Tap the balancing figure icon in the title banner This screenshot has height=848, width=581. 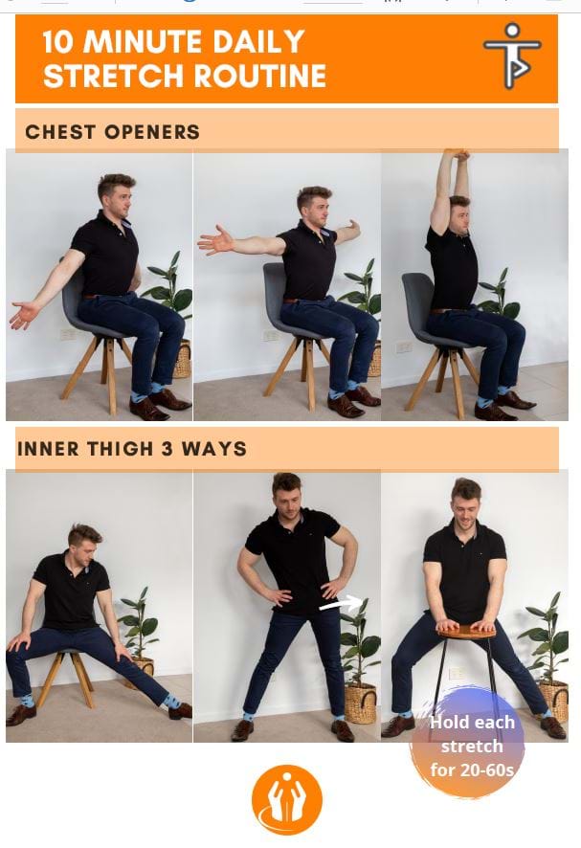(x=512, y=56)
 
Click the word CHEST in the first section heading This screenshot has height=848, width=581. (x=60, y=132)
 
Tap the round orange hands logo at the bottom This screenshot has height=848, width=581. (x=287, y=799)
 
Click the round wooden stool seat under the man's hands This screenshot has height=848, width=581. (x=466, y=631)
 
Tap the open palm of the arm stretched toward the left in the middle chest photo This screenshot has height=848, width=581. (x=212, y=240)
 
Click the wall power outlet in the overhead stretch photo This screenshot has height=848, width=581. (x=403, y=346)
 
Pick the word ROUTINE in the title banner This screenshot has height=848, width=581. (x=259, y=76)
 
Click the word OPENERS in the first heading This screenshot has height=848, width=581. (x=152, y=132)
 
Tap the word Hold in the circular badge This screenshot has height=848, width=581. (x=449, y=722)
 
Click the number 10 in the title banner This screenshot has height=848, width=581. (x=57, y=42)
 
